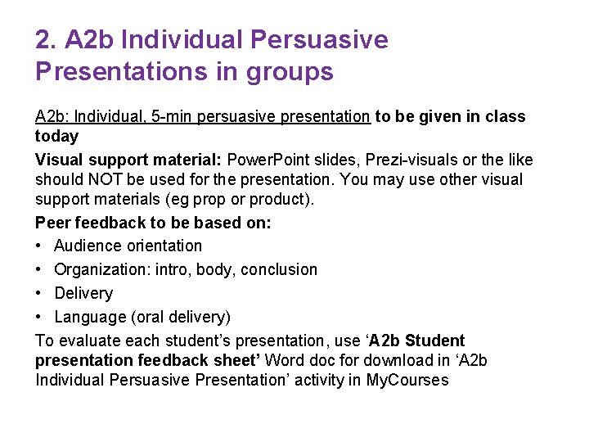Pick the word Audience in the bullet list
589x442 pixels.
click(x=88, y=246)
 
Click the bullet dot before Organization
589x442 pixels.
click(x=40, y=269)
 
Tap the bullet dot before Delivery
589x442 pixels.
click(x=40, y=293)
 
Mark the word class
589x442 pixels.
click(x=503, y=116)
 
